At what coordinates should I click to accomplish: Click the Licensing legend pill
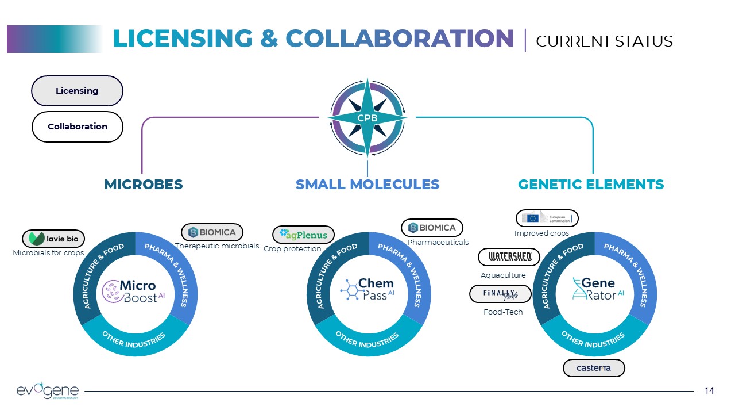77,91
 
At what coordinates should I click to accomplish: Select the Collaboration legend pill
77,126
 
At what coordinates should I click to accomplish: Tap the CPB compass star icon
367,118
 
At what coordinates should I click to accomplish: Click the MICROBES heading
144,185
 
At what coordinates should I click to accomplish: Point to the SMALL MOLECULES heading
367,185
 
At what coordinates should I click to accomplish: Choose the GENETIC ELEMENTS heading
591,185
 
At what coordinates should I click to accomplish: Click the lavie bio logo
53,239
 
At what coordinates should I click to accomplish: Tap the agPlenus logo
303,235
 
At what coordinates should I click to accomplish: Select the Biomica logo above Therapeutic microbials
212,232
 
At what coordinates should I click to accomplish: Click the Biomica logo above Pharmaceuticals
432,228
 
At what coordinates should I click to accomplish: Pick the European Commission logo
547,218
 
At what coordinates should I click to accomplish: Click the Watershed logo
509,257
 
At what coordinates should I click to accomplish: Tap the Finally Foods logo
500,294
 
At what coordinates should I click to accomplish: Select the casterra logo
594,368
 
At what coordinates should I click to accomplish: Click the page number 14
709,391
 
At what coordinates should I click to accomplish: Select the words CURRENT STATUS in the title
604,41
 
